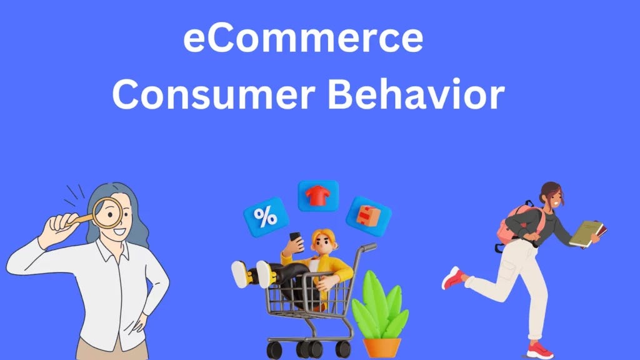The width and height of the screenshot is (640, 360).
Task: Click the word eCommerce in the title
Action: pyautogui.click(x=302, y=39)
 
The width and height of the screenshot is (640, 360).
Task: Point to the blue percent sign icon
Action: pyautogui.click(x=266, y=216)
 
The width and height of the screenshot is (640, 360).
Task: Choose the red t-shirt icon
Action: pyautogui.click(x=318, y=196)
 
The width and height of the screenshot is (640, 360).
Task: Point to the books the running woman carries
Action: pyautogui.click(x=587, y=233)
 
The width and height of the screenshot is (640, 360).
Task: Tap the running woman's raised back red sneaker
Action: pyautogui.click(x=453, y=277)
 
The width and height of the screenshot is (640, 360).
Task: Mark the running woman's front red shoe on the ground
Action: pyautogui.click(x=539, y=350)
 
